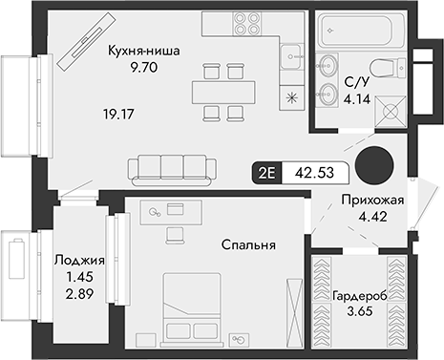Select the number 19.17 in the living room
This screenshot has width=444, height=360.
[x=117, y=113]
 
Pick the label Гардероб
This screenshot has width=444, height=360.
[x=359, y=296]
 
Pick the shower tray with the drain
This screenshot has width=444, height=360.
[x=391, y=111]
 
